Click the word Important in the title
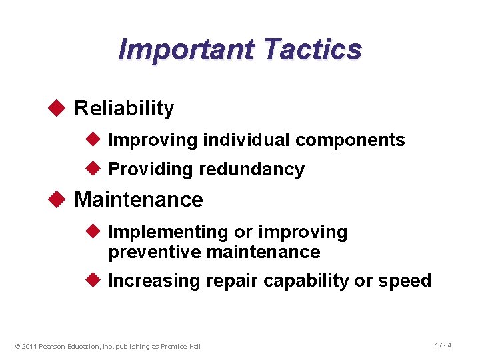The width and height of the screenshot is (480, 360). click(x=186, y=49)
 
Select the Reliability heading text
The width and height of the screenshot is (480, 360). click(x=124, y=108)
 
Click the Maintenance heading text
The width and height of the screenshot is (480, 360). click(x=139, y=199)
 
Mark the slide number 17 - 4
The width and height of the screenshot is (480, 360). click(x=443, y=345)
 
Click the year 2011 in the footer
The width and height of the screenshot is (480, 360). click(x=29, y=346)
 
